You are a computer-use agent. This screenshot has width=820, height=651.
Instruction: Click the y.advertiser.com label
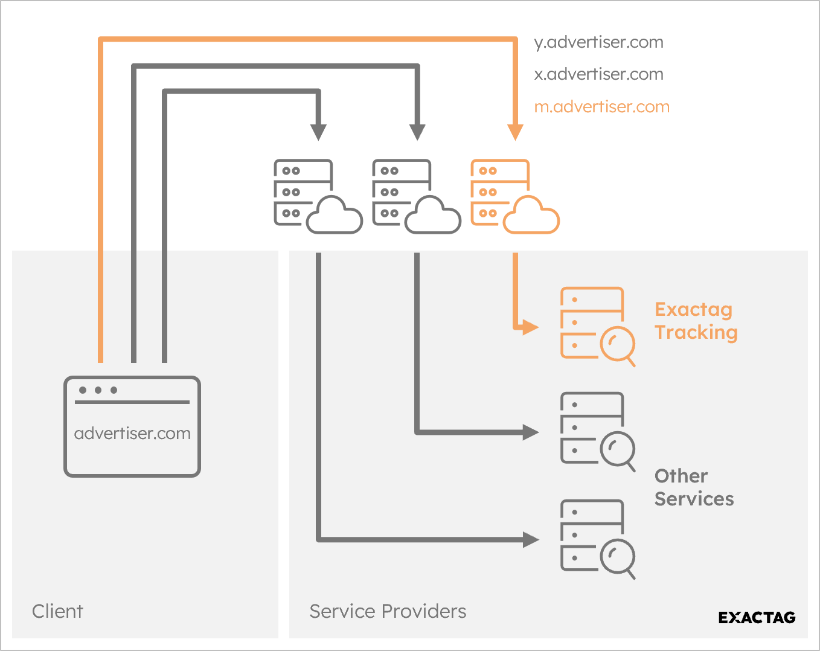click(598, 42)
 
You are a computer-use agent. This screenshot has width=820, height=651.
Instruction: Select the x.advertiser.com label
click(598, 74)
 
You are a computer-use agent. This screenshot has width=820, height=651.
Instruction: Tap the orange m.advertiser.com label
click(601, 107)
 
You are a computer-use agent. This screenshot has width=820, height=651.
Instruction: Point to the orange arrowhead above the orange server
click(515, 132)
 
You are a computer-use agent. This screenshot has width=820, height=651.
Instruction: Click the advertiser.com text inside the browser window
click(132, 434)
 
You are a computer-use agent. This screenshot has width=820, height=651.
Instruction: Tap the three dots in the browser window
click(98, 390)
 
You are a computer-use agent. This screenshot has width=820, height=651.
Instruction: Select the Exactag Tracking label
click(696, 321)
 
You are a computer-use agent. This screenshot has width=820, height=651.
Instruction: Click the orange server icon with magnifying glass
click(597, 326)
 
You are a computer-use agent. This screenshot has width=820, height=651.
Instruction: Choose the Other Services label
click(694, 487)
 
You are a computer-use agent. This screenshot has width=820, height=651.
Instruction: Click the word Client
click(57, 611)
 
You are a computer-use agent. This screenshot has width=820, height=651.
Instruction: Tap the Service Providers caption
click(388, 611)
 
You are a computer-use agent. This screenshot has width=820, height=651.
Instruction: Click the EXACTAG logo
click(757, 617)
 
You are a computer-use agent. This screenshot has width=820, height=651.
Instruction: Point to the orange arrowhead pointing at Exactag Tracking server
click(530, 327)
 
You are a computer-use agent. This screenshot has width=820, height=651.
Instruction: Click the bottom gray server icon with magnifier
click(597, 539)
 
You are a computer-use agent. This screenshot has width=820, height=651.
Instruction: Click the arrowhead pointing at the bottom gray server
click(530, 539)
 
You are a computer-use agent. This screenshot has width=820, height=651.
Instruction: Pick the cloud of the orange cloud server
click(531, 216)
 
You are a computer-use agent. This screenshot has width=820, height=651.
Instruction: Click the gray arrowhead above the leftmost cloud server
click(318, 132)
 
